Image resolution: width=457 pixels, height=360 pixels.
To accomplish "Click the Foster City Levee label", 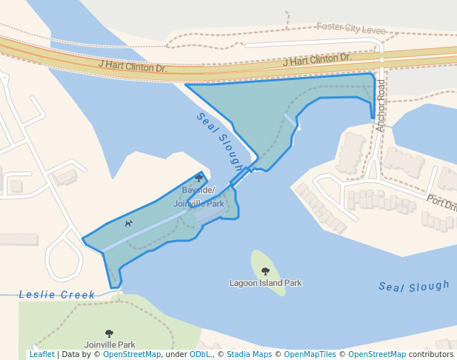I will [352, 27].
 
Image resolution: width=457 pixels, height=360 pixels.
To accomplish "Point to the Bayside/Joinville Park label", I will [199, 198].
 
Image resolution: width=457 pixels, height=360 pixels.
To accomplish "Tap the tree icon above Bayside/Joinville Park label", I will [199, 179].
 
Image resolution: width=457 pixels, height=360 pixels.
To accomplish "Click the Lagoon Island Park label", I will [265, 283].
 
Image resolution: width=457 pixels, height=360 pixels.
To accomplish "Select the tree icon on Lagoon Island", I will [265, 271].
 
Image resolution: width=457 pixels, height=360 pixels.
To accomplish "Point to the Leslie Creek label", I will [57, 295].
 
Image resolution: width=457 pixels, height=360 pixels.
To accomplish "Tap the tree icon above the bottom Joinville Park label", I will [109, 333].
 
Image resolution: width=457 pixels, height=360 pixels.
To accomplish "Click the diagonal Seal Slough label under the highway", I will [220, 141].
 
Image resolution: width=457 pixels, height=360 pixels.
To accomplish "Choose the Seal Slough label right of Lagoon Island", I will [413, 286].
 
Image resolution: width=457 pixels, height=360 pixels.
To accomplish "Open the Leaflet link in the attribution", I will [41, 355].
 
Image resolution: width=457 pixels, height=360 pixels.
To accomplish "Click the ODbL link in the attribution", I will [199, 355].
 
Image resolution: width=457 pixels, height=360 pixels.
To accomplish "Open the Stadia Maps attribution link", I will [249, 355].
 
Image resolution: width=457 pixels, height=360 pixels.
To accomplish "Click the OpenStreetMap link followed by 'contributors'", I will [377, 355].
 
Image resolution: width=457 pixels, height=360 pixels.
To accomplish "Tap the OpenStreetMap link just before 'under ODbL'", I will [132, 355].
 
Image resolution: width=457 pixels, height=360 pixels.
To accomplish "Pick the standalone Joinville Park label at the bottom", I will [109, 344].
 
